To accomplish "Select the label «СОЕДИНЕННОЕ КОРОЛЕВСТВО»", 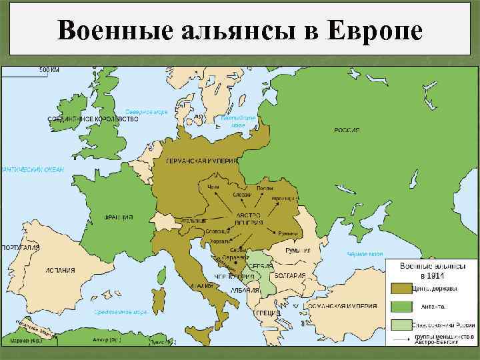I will pyautogui.click(x=93, y=119).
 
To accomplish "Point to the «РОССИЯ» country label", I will pyautogui.click(x=347, y=130).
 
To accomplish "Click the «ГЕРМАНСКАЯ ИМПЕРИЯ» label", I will pyautogui.click(x=199, y=162).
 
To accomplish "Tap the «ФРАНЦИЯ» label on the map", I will pyautogui.click(x=119, y=217).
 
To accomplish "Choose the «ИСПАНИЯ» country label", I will pyautogui.click(x=59, y=271).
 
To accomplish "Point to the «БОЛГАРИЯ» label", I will pyautogui.click(x=291, y=275).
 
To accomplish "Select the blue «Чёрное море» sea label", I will pyautogui.click(x=365, y=254).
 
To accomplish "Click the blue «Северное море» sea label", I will pyautogui.click(x=147, y=111).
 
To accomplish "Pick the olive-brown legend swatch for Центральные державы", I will pyautogui.click(x=401, y=289).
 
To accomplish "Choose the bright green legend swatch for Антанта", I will pyautogui.click(x=401, y=307).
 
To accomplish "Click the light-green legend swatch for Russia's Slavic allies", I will pyautogui.click(x=401, y=324).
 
